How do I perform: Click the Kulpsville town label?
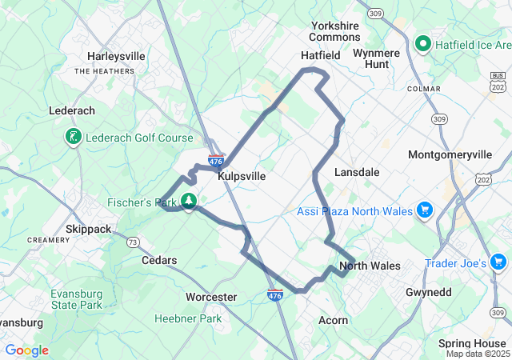click(x=242, y=175)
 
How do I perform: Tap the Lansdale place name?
click(x=356, y=172)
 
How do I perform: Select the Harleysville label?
click(x=116, y=57)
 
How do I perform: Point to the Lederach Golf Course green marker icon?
click(x=73, y=138)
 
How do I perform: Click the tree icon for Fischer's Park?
click(x=190, y=201)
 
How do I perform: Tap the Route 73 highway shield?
click(x=133, y=242)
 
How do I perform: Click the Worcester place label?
click(x=211, y=297)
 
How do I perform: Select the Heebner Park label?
click(x=187, y=318)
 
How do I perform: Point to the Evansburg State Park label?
click(x=76, y=298)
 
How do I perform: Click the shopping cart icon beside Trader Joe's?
click(x=498, y=262)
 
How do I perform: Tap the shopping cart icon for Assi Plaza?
click(x=424, y=211)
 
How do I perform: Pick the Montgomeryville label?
click(x=446, y=154)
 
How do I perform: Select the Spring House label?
click(x=471, y=343)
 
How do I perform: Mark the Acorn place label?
click(x=333, y=320)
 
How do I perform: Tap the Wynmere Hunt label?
click(x=376, y=58)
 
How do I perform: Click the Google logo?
click(x=27, y=350)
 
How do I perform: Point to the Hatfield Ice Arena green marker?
click(x=423, y=43)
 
